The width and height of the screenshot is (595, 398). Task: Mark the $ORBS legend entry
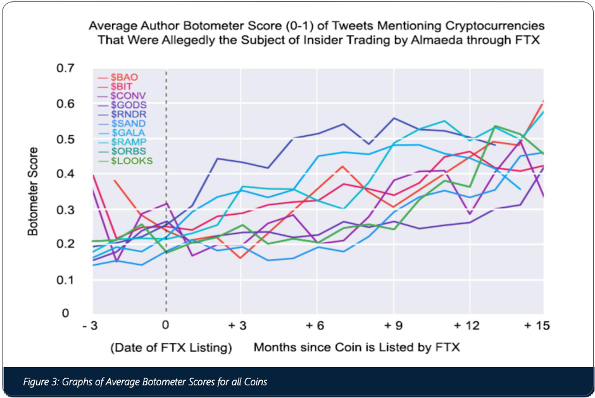click(x=123, y=151)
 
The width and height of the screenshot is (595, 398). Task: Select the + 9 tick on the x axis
click(x=394, y=326)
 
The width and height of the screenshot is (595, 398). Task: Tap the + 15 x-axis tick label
click(x=537, y=326)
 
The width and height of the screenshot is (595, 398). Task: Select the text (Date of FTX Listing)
click(x=171, y=347)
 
